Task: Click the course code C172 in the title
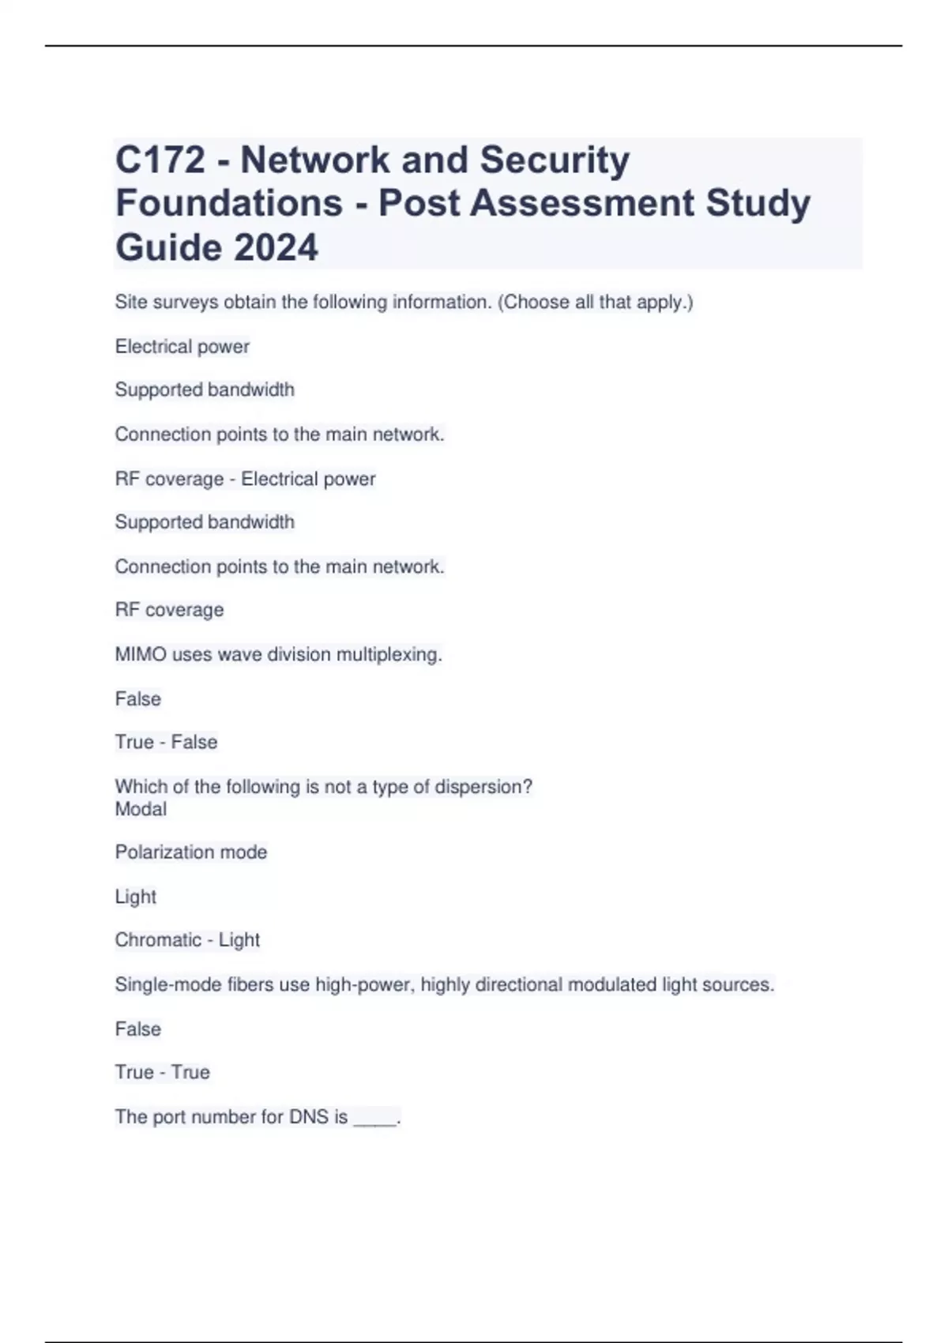click(x=160, y=160)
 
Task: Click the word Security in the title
click(x=555, y=160)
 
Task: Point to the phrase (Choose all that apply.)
click(x=595, y=302)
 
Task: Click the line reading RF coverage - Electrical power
click(x=245, y=479)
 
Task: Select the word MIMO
click(x=141, y=654)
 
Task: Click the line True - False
click(x=166, y=742)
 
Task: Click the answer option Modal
click(x=141, y=809)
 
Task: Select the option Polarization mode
click(x=191, y=852)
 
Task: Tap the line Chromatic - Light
click(x=187, y=939)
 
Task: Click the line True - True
click(x=162, y=1072)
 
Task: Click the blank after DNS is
click(x=375, y=1119)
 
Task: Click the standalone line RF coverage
click(x=169, y=610)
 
